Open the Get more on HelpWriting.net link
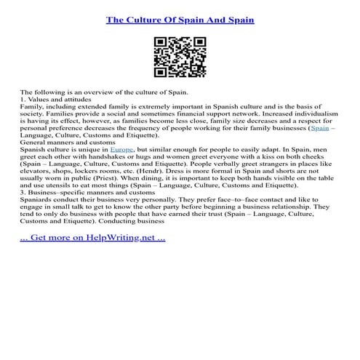click(x=92, y=237)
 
